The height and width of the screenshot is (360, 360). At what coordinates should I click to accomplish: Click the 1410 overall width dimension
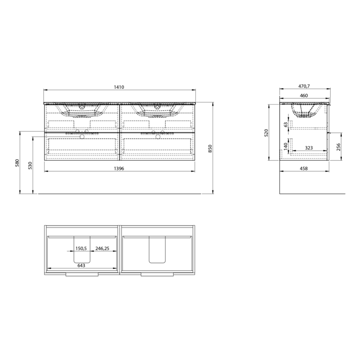tap(119, 87)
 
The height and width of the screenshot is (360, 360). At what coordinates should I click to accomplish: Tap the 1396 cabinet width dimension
tap(119, 169)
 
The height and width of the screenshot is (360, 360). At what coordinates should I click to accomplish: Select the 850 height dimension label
tap(210, 148)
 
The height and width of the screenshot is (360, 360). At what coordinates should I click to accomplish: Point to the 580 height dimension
tap(17, 163)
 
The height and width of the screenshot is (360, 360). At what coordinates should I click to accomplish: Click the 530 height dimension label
tap(30, 165)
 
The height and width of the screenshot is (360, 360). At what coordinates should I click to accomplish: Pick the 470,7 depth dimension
tap(304, 86)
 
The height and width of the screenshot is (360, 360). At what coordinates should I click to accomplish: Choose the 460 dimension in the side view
tap(304, 96)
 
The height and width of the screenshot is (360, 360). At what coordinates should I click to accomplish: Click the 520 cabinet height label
tap(266, 133)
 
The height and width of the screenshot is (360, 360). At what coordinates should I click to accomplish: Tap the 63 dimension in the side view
tap(286, 125)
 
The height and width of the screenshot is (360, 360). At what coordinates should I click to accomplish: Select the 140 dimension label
tap(286, 146)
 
